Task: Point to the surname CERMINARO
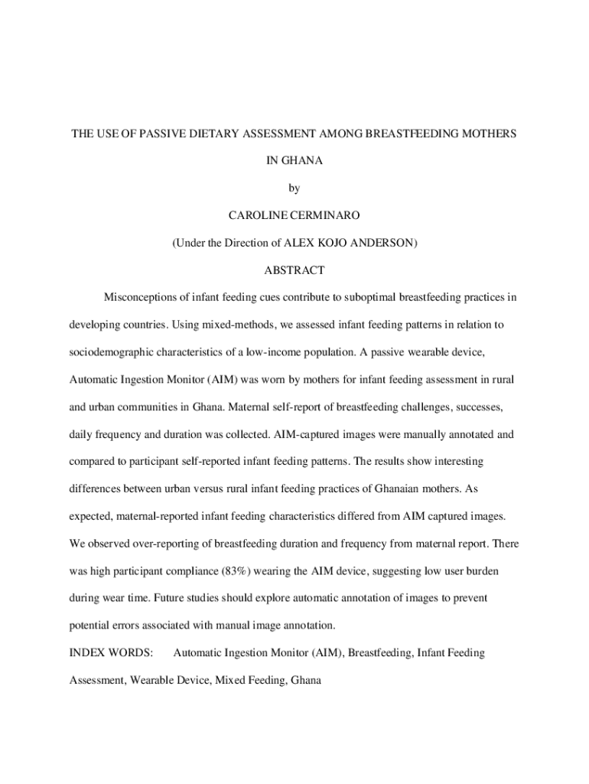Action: point(326,216)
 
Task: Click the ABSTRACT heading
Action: point(294,270)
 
